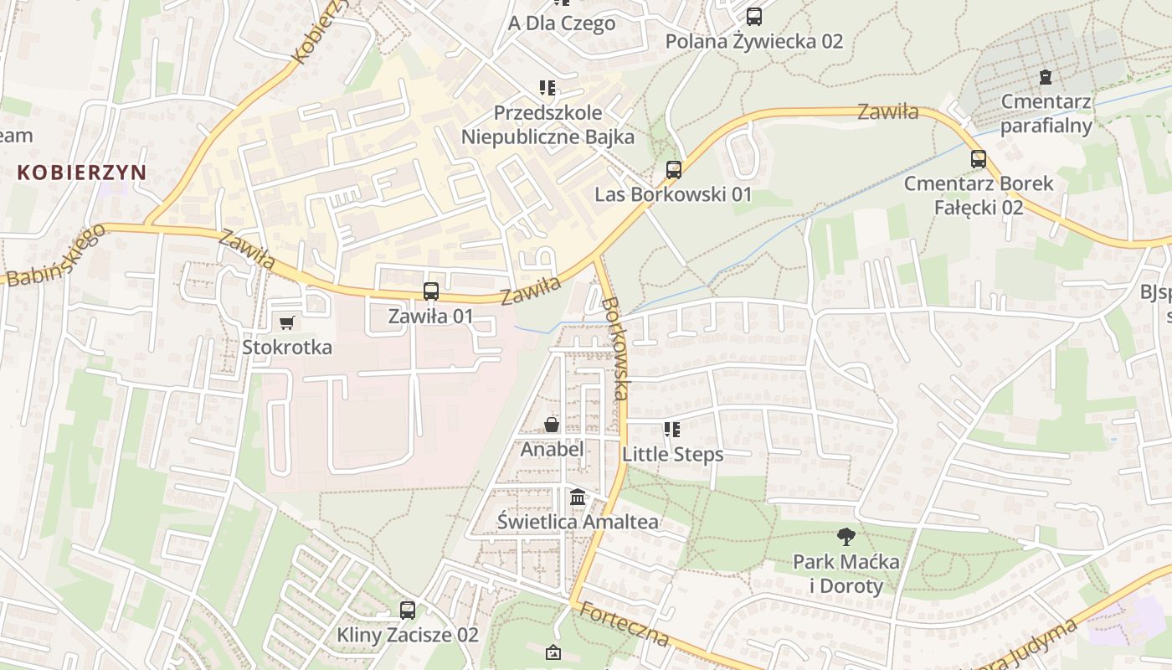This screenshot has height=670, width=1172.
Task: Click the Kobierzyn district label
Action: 82,173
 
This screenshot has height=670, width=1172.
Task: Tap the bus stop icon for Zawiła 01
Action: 431,291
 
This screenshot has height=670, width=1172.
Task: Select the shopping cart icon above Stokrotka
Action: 287,322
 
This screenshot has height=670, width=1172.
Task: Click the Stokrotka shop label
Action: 287,347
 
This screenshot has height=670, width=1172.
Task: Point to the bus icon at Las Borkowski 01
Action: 673,170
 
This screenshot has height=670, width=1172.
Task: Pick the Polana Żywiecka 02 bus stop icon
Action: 754,16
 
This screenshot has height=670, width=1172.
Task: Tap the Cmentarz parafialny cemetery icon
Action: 1046,78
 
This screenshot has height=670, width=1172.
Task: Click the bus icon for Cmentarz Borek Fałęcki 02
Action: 979,158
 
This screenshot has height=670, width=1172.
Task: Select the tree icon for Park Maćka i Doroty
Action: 846,536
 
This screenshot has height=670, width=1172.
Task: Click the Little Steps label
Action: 672,454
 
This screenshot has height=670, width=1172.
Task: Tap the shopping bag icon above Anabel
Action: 552,425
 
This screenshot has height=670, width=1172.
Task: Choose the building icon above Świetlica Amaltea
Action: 578,497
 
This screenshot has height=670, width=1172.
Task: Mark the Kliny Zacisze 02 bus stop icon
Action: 408,611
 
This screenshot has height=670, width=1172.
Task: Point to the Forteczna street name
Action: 625,624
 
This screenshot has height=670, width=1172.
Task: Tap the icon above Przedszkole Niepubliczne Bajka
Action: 547,88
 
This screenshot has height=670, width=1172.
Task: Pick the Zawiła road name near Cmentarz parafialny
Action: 887,111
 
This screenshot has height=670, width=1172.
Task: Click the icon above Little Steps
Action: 671,430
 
